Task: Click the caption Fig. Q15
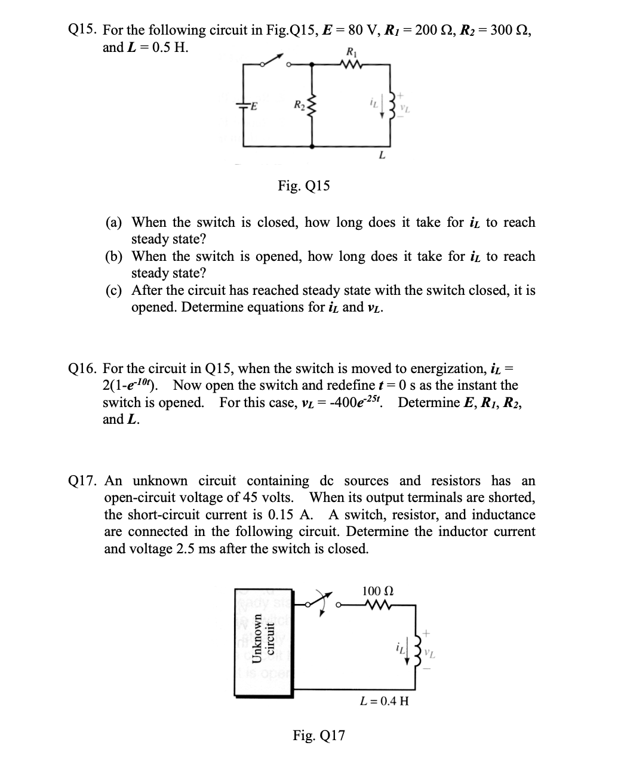pyautogui.click(x=303, y=186)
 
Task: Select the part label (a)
pyautogui.click(x=115, y=223)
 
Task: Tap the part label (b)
pyautogui.click(x=115, y=257)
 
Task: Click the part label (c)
pyautogui.click(x=115, y=291)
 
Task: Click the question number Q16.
pyautogui.click(x=84, y=368)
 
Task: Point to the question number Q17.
pyautogui.click(x=84, y=480)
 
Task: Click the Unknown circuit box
pyautogui.click(x=263, y=641)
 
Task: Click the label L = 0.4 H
pyautogui.click(x=385, y=700)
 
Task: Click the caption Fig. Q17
pyautogui.click(x=318, y=735)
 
